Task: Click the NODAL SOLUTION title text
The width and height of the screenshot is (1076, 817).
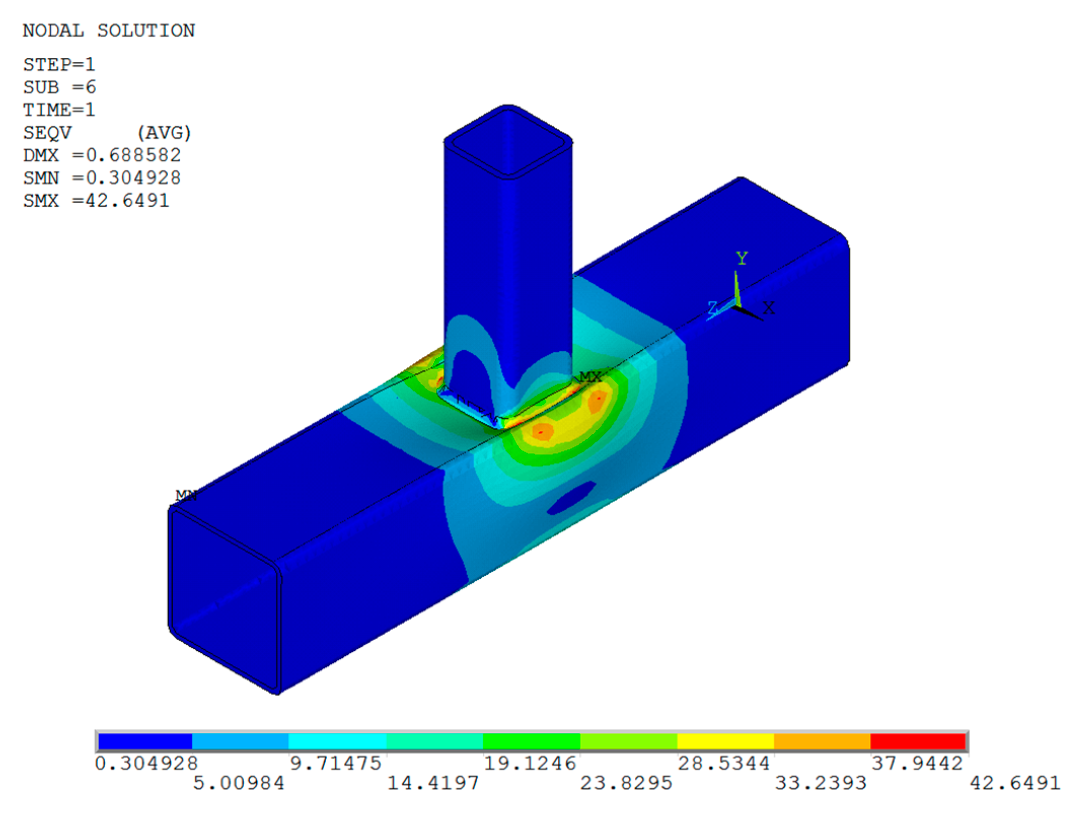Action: pos(109,31)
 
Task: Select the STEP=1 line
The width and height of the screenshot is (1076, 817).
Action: pos(59,64)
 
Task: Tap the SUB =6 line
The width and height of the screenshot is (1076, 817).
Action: pos(59,87)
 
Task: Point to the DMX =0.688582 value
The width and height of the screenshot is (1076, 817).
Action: pos(102,155)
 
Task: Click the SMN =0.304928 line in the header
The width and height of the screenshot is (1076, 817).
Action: pos(102,178)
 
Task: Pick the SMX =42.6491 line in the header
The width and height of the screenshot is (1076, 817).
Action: pos(96,201)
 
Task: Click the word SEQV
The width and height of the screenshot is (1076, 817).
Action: pos(47,133)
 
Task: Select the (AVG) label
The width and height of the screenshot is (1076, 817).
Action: pos(165,133)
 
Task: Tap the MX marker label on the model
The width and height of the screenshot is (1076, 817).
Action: pos(591,377)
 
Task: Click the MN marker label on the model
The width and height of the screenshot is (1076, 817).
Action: pos(186,495)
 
